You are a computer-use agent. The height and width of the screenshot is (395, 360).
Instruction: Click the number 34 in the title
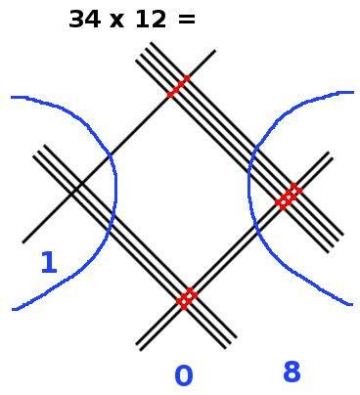tap(86, 20)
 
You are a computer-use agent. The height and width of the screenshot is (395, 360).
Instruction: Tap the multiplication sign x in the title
tap(117, 21)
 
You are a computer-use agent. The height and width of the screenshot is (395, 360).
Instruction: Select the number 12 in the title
tap(150, 20)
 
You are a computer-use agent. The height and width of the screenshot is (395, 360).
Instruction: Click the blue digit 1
tap(48, 263)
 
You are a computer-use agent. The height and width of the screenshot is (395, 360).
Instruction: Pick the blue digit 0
tap(183, 376)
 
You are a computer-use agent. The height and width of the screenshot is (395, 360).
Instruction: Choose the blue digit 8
tap(292, 373)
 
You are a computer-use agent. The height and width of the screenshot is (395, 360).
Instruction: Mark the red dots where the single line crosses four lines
tap(177, 86)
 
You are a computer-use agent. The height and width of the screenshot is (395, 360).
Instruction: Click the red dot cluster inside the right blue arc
tap(288, 196)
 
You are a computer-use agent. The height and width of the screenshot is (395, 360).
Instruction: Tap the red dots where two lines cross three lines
tap(186, 297)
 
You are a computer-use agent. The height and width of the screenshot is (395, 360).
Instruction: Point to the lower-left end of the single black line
tap(23, 241)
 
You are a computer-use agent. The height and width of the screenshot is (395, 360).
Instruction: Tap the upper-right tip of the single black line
tap(214, 51)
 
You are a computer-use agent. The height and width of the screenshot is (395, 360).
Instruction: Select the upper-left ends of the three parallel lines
tap(42, 152)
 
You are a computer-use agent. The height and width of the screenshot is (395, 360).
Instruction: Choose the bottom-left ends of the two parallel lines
tap(141, 345)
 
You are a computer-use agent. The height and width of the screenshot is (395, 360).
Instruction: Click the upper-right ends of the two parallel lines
tap(328, 157)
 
